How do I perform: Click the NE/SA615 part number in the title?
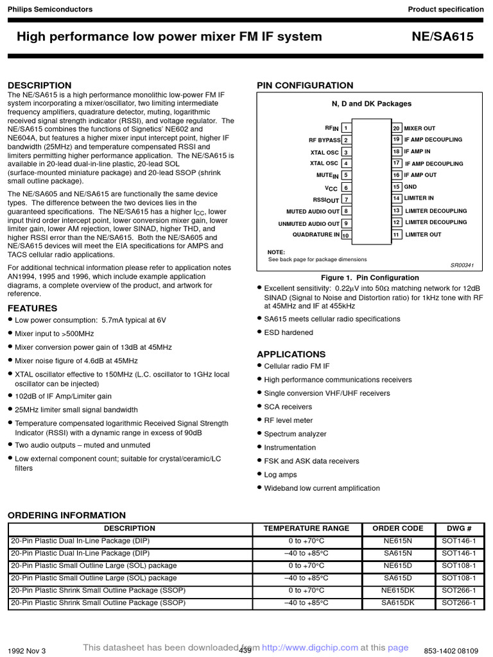coord(442,37)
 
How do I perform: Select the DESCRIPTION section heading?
coord(39,85)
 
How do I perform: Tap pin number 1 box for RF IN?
coord(345,128)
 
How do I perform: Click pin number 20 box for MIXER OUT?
coord(397,128)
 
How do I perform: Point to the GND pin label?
coord(410,187)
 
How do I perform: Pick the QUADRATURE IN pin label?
coord(316,235)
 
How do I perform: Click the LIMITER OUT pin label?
coord(423,235)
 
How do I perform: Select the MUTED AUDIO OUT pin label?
coord(313,211)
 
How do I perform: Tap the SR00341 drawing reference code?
coord(462,265)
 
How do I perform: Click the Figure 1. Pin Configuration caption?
coord(370,278)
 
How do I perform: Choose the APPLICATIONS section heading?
coord(291,354)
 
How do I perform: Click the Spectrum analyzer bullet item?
coord(295,434)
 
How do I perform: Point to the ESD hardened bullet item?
coord(288,332)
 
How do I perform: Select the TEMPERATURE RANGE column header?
coord(306,529)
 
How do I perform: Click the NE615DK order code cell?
coord(398,590)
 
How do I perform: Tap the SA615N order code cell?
coord(398,553)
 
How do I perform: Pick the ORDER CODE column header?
coord(398,529)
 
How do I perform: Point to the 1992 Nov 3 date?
coord(26,651)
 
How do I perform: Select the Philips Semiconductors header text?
coord(49,9)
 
